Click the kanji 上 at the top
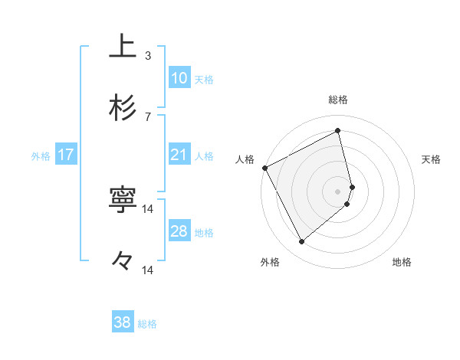[x=123, y=46]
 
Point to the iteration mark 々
[x=123, y=261]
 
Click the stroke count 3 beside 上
[x=148, y=55]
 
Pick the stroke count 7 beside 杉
[x=148, y=116]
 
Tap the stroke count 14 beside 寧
[x=148, y=208]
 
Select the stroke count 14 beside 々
[x=148, y=270]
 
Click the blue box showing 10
[x=179, y=78]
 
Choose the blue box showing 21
[x=179, y=155]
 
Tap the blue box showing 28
[x=179, y=231]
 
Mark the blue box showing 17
[x=66, y=155]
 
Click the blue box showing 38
[x=123, y=322]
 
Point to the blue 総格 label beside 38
[x=148, y=324]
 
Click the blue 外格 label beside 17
[x=41, y=156]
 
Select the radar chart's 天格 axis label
[x=432, y=159]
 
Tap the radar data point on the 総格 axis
[x=338, y=130]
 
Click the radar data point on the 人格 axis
[x=264, y=168]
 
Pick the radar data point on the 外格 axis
[x=301, y=242]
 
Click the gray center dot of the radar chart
[x=338, y=191]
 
